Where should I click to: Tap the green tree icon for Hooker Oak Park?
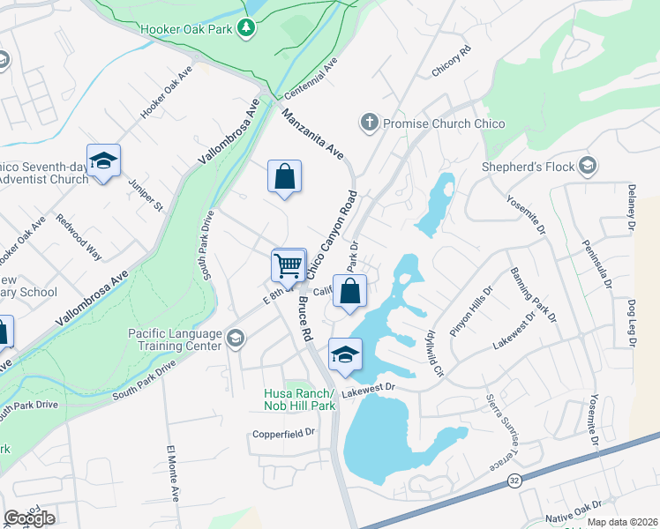tap(248, 29)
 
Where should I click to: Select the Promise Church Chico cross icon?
tap(370, 123)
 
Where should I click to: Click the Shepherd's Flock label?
tap(527, 166)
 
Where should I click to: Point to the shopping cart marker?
tap(289, 264)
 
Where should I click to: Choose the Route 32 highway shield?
tap(514, 481)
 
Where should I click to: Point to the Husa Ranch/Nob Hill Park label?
tap(300, 399)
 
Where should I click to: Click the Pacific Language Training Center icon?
tap(235, 339)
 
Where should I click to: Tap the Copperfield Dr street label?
tap(284, 433)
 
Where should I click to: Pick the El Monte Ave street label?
tap(173, 474)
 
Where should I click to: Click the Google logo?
tap(29, 518)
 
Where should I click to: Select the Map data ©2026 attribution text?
tap(621, 522)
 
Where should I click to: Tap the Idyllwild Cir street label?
tap(433, 351)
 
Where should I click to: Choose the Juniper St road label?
tap(146, 195)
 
